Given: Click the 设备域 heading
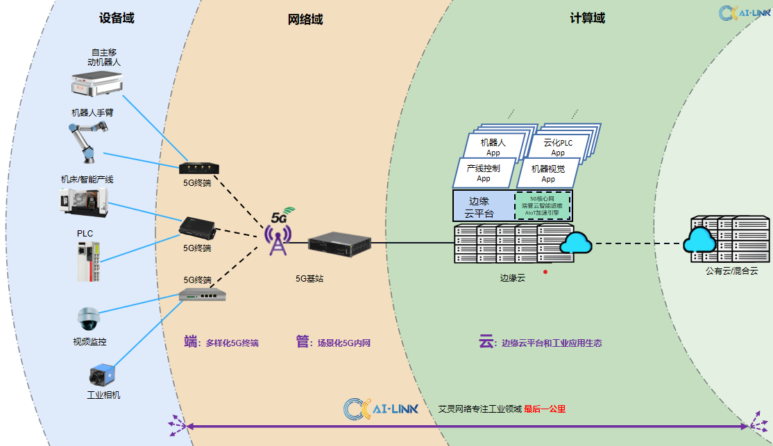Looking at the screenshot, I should (117, 19).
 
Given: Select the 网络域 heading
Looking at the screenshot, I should (305, 19).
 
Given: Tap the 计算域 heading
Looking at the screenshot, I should (587, 19).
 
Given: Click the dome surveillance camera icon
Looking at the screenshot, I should (90, 318).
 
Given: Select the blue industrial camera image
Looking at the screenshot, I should (101, 376).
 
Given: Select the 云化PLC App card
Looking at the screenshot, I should (558, 147).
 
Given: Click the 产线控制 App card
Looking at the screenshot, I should (483, 173).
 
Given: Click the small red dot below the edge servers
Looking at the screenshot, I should (545, 271).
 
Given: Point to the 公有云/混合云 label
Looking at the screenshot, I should (731, 271).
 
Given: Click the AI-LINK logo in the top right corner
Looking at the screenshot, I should (745, 12).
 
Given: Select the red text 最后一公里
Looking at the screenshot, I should (545, 409).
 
